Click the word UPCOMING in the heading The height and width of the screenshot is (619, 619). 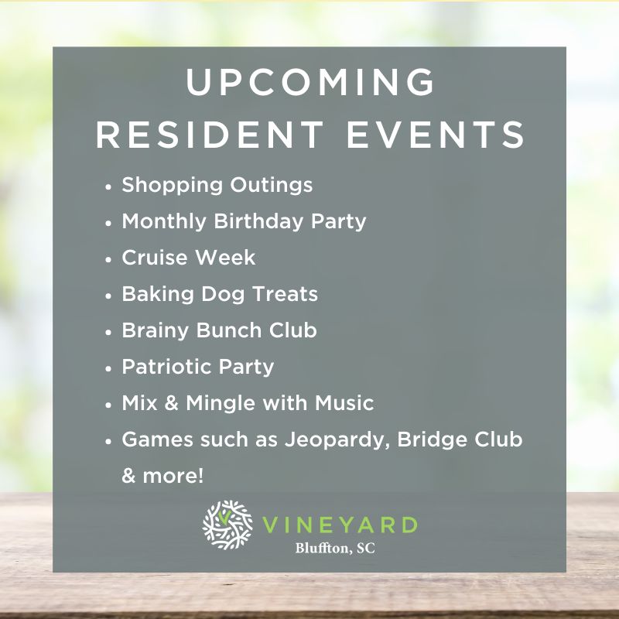310,82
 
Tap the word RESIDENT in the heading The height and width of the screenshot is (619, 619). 210,135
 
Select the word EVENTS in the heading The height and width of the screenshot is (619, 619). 436,135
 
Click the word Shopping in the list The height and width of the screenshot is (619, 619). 172,186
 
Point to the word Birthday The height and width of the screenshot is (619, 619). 258,221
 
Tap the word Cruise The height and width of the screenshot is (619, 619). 154,258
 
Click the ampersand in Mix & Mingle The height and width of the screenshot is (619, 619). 171,403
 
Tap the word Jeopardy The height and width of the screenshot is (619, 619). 335,440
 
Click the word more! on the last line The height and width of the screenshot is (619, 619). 173,476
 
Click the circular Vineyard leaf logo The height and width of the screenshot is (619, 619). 227,525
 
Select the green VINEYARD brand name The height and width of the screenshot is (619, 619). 340,525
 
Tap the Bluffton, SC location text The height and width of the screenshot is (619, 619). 335,549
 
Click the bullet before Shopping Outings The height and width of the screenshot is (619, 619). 108,186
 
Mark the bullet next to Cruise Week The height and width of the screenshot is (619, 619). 108,259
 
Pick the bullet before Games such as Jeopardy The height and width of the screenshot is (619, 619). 108,441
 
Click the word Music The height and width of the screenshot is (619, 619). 344,403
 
